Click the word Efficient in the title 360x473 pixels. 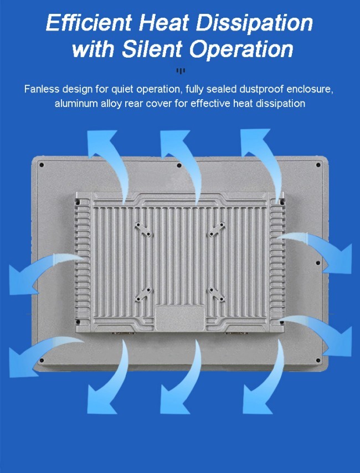click(89, 23)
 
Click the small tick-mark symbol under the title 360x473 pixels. click(181, 71)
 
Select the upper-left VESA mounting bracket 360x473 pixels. click(144, 229)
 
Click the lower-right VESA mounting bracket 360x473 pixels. click(217, 295)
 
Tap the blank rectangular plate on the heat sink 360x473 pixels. click(180, 318)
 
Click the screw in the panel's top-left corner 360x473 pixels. click(42, 164)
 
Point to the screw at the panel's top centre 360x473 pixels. click(179, 165)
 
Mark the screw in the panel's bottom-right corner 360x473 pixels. click(318, 360)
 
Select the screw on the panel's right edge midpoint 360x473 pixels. click(318, 263)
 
